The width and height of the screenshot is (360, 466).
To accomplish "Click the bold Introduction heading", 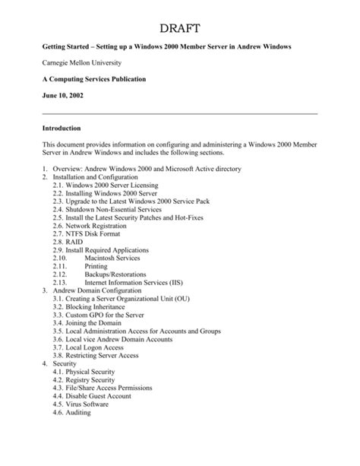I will (68, 128).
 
